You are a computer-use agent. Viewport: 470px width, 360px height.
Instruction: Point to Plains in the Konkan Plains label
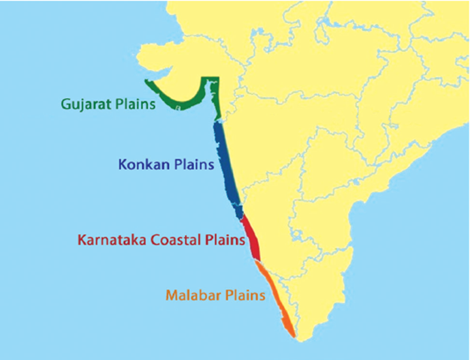192,165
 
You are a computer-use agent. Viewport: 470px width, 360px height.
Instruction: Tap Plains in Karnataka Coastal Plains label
223,240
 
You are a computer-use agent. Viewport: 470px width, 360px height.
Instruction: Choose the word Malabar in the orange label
191,296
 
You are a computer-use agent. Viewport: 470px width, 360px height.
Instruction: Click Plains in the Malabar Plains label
242,296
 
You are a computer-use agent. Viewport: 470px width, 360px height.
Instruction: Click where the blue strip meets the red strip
242,215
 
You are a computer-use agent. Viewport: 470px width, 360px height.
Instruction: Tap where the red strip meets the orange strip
257,260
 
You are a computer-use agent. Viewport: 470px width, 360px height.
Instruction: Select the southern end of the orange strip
293,334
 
